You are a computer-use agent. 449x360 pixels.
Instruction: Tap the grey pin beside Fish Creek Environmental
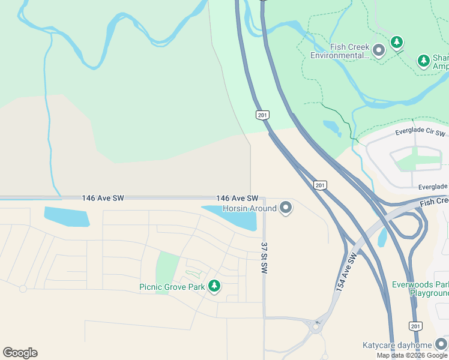pos(379,51)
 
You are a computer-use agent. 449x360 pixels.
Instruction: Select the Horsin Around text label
pos(249,208)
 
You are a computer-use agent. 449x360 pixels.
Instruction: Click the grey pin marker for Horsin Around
pos(286,208)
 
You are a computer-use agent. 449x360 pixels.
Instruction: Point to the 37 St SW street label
pos(264,258)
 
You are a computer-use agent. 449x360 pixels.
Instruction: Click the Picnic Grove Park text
pos(172,287)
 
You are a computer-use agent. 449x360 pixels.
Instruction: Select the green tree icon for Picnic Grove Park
pos(214,286)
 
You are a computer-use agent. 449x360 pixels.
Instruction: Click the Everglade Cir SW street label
pos(420,131)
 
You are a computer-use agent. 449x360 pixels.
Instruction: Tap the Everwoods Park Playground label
pos(420,289)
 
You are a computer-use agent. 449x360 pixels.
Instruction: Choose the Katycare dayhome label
pos(397,345)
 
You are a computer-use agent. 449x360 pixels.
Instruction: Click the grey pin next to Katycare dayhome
pos(441,344)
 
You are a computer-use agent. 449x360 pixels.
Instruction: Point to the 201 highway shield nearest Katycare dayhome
pos(415,326)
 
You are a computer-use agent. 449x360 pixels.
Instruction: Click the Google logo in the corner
pos(20,353)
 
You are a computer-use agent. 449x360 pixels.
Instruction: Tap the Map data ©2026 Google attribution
pos(412,355)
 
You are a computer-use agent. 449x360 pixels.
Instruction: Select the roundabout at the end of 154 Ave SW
pos(315,327)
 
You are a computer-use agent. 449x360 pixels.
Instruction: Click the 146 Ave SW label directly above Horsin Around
pos(237,198)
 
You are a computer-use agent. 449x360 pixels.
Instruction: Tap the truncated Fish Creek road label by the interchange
pos(434,202)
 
